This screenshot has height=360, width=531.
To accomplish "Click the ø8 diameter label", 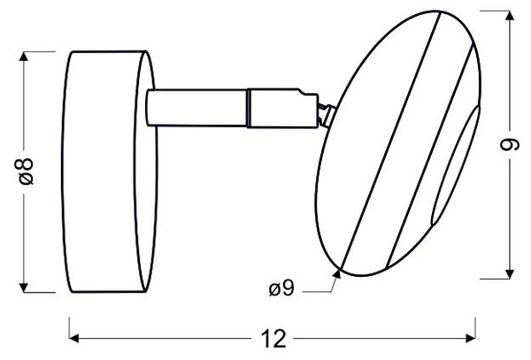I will (27, 171).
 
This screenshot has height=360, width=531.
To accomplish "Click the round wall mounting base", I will (106, 171).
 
